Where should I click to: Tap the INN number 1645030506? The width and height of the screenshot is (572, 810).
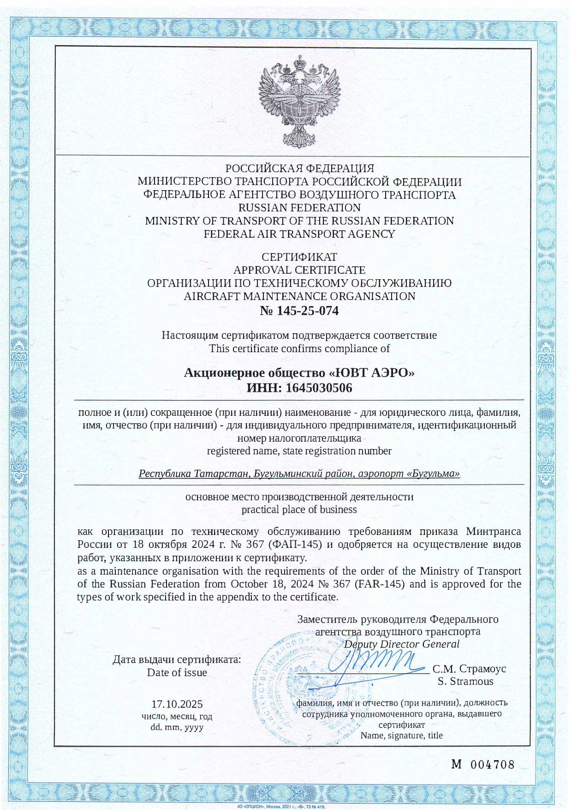319,388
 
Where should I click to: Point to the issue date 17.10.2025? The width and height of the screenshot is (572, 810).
177,704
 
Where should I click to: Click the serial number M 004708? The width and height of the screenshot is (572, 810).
483,765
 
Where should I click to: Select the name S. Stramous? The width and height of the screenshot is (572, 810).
465,682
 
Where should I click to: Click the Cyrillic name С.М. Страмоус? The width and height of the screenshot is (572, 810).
469,669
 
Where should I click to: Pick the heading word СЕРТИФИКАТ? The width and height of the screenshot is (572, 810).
299,257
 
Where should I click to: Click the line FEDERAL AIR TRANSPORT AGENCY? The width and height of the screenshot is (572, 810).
299,234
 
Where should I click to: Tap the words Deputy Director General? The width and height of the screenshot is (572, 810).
402,644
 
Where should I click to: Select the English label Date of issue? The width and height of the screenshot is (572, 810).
177,672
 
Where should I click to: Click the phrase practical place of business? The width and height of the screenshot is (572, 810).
299,510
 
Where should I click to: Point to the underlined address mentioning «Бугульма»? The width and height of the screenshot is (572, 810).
299,474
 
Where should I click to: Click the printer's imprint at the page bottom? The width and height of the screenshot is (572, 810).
281,807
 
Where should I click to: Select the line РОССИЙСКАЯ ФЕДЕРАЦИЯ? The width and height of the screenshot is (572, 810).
299,168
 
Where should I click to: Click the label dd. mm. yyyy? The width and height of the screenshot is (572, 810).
177,727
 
